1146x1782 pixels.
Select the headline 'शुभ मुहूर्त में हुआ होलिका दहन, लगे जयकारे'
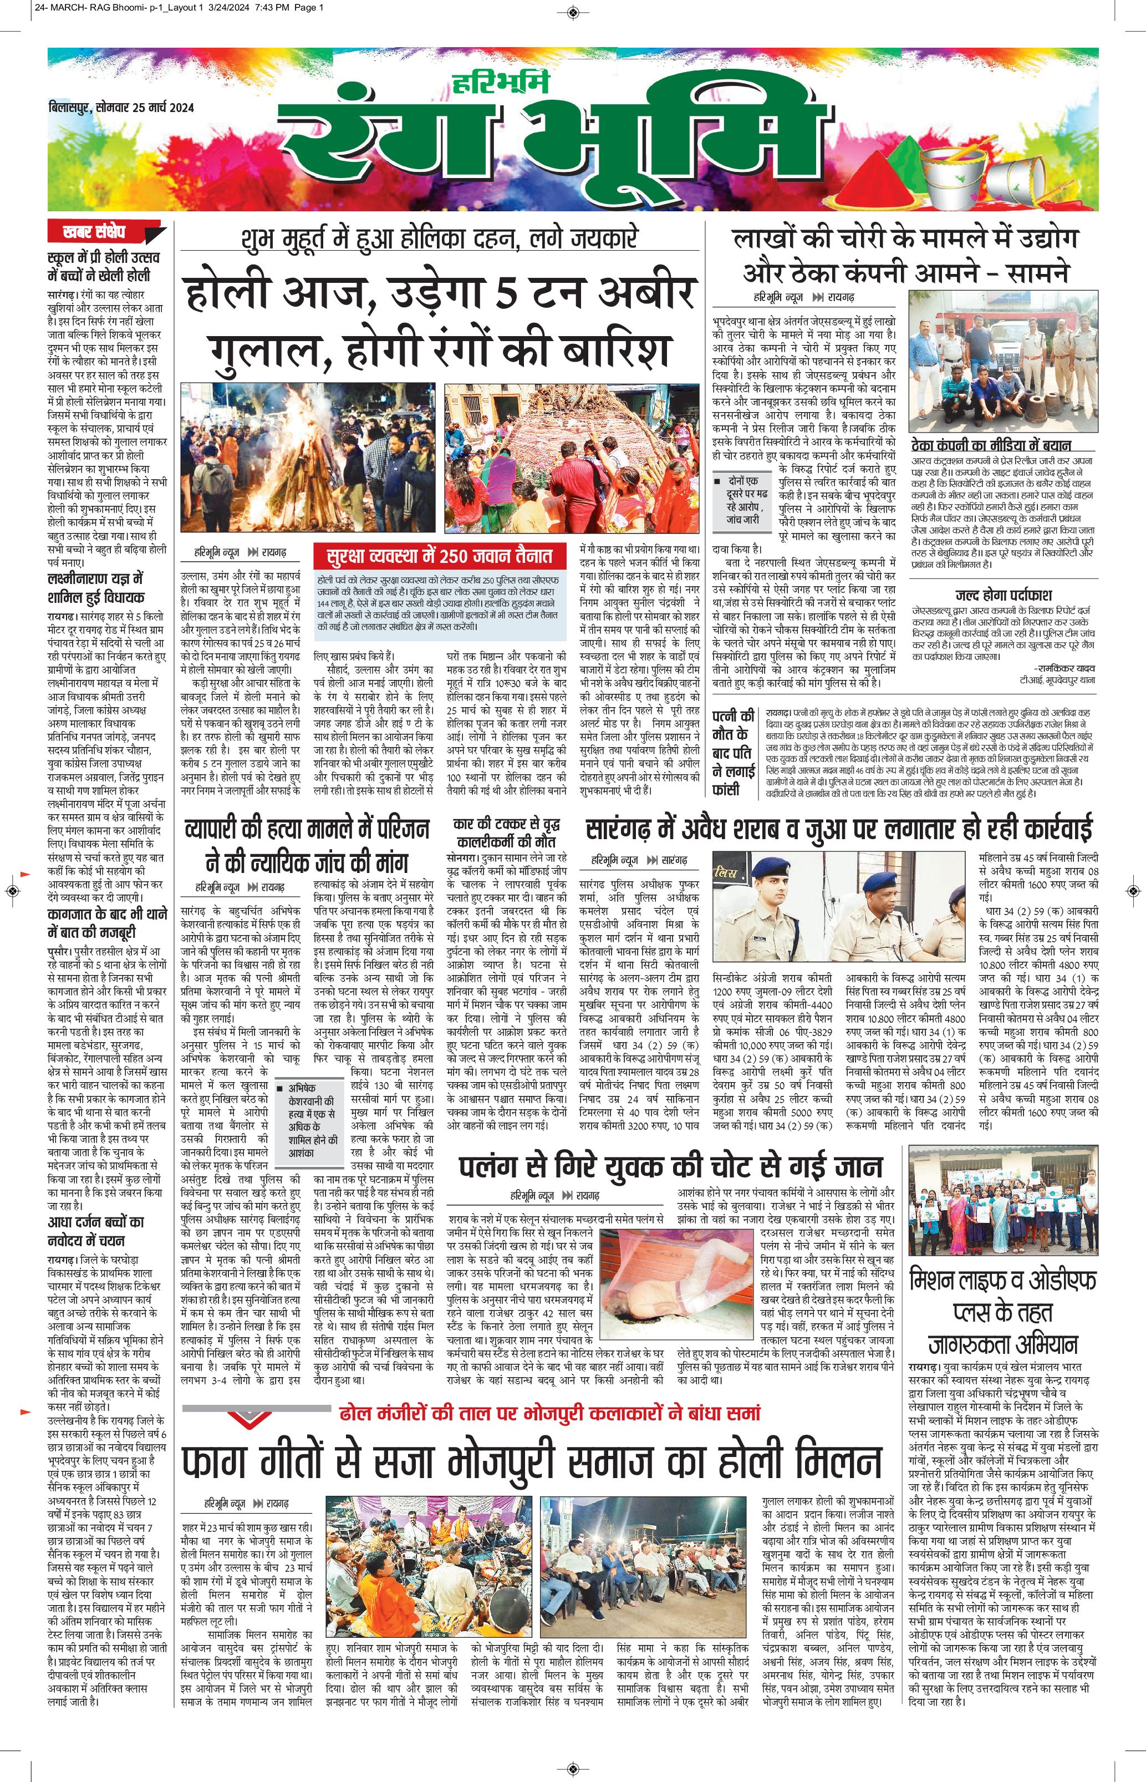pyautogui.click(x=439, y=240)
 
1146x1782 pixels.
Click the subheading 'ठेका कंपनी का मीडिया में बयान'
pyautogui.click(x=990, y=445)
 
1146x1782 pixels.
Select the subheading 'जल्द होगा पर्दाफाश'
pyautogui.click(x=1003, y=596)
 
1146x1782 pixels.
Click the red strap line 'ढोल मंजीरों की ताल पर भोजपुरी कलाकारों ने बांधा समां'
pyautogui.click(x=548, y=1412)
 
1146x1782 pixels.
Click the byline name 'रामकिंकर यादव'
pyautogui.click(x=1057, y=668)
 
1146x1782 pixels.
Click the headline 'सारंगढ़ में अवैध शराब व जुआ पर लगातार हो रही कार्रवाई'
pyautogui.click(x=839, y=829)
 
